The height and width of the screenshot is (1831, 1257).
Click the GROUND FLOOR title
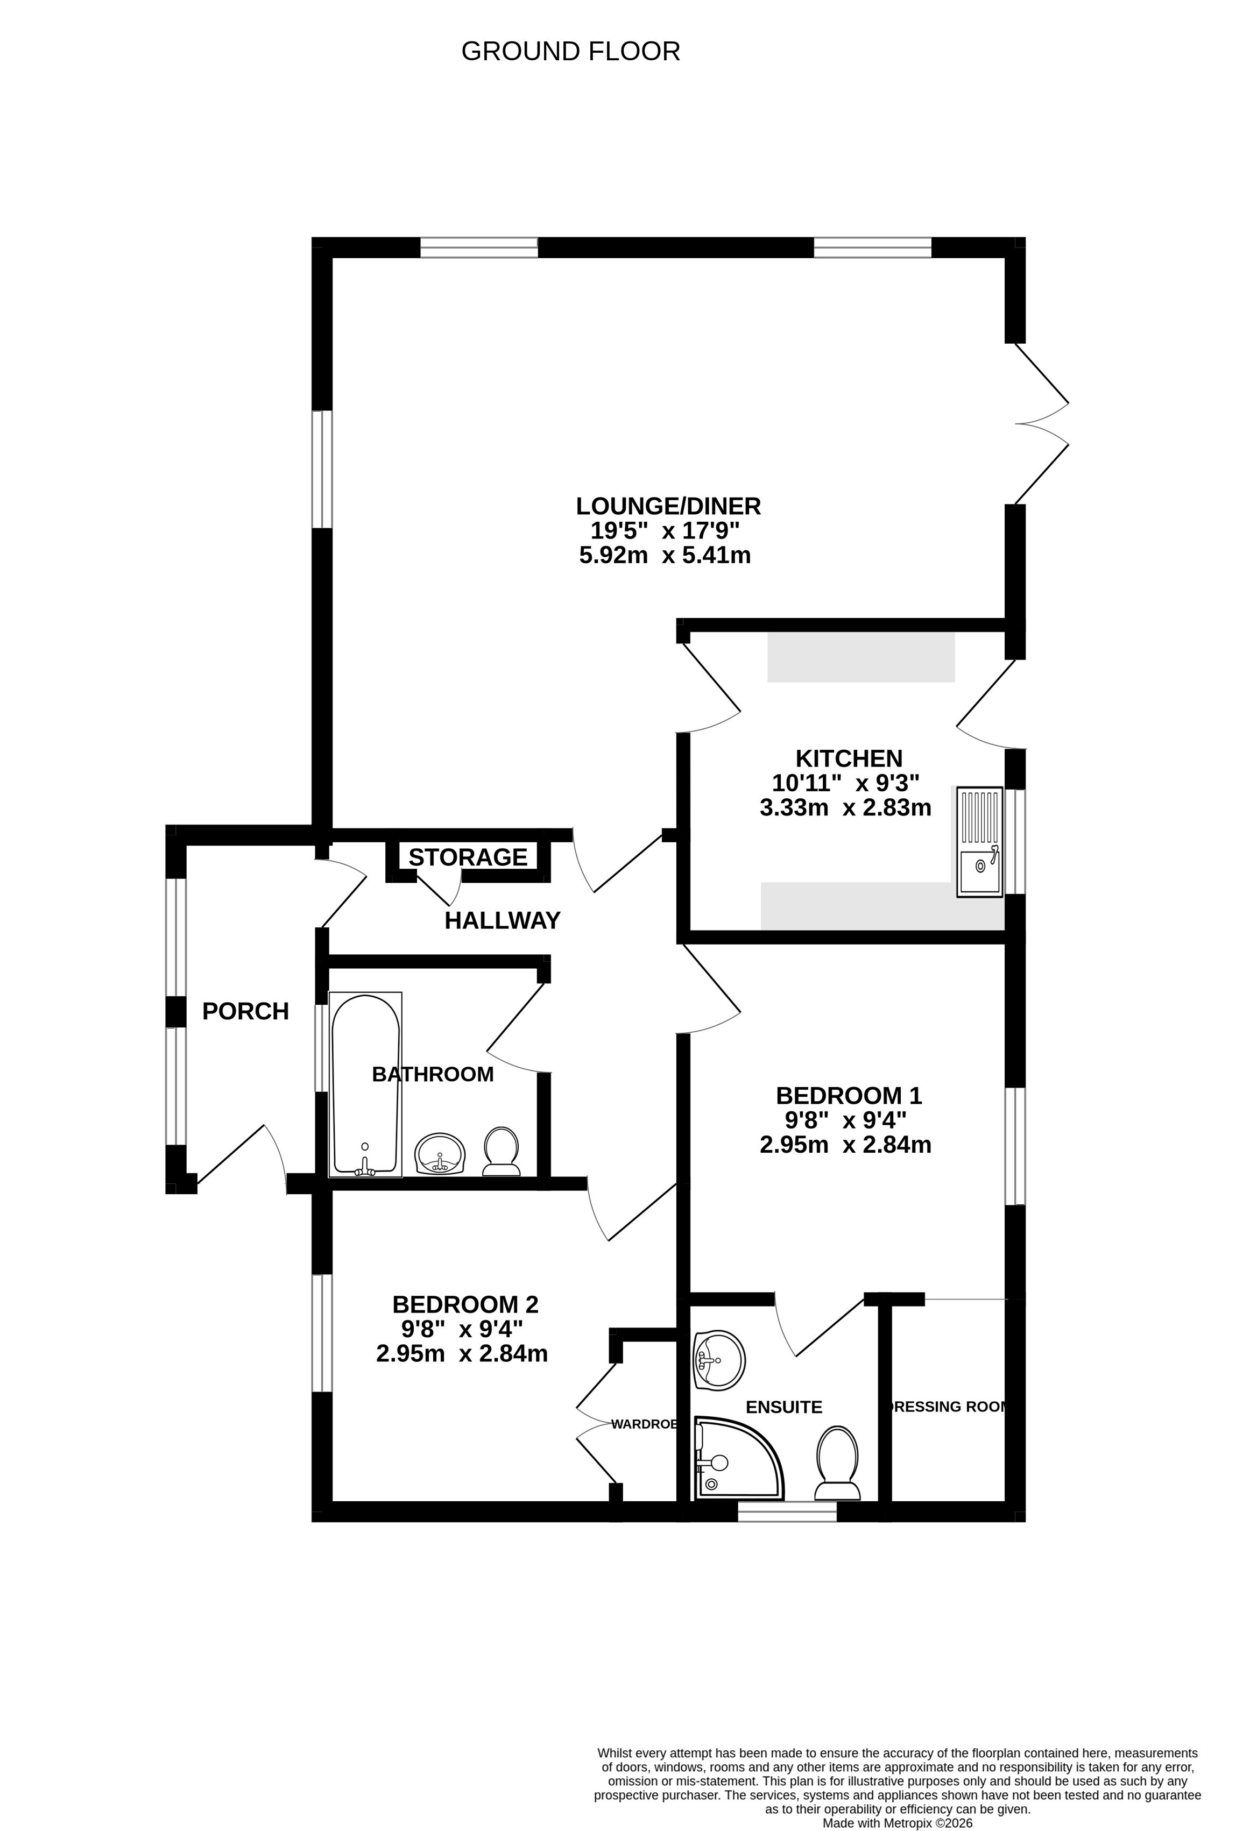coord(570,51)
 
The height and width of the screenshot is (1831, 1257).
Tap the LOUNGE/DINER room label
coord(668,505)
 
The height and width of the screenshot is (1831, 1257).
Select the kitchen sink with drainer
coord(979,841)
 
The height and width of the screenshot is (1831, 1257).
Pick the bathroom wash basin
coord(441,1154)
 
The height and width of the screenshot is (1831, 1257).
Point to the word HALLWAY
coord(502,920)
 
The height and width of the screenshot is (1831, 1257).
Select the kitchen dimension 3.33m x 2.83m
coord(845,807)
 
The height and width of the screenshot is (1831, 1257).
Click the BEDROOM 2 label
coord(466,1305)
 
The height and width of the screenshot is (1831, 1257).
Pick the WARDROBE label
coord(645,1424)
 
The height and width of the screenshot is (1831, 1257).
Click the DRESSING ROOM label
coord(947,1407)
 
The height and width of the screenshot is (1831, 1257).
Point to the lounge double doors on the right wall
coord(1042,424)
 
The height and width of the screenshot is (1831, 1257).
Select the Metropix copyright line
coord(898,1823)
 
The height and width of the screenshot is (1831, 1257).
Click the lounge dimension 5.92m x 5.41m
coord(665,556)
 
